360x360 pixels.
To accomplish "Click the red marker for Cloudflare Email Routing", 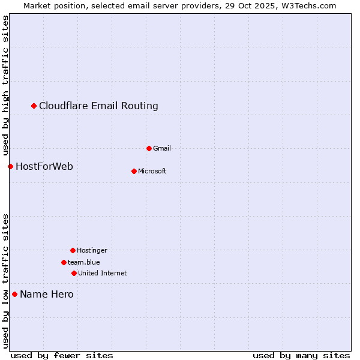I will [34, 106].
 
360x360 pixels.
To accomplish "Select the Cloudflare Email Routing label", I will [98, 106].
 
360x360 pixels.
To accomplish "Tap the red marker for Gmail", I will [149, 148].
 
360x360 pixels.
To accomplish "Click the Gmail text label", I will [162, 148].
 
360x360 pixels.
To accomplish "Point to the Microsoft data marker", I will [134, 171].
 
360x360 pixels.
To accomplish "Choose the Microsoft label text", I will [152, 171].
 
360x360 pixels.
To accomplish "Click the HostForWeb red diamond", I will [11, 166].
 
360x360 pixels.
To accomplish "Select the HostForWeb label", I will [44, 166].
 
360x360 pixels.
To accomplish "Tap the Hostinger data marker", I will [73, 250].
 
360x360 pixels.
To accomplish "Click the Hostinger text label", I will [92, 250].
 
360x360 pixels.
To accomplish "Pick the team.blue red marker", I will [64, 262].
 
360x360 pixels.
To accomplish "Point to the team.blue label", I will [84, 262].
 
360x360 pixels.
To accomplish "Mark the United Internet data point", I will [74, 273].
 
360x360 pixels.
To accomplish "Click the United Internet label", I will [103, 273].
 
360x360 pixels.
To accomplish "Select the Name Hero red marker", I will [15, 294].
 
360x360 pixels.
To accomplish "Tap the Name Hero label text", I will [47, 294].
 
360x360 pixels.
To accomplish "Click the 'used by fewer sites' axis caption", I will [62, 355].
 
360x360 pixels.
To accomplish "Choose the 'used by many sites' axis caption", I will [301, 355].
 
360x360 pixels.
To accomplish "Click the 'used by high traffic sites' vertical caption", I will [5, 85].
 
